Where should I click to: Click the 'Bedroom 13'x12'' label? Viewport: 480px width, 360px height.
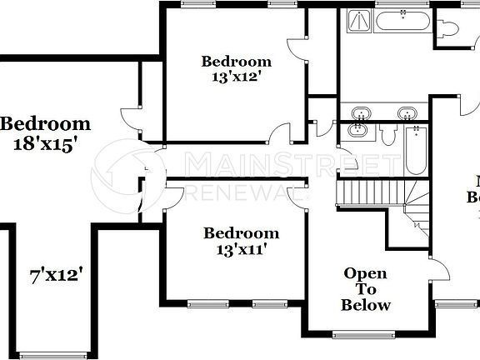(237, 68)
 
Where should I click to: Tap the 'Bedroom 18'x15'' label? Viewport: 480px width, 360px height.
(45, 133)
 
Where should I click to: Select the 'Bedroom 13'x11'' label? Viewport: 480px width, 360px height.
(240, 240)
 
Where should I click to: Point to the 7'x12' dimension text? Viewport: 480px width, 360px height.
(56, 273)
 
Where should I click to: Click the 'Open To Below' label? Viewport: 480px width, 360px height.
(366, 288)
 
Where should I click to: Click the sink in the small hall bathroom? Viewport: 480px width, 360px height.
(357, 130)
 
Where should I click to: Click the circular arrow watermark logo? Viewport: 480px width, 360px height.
(126, 176)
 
